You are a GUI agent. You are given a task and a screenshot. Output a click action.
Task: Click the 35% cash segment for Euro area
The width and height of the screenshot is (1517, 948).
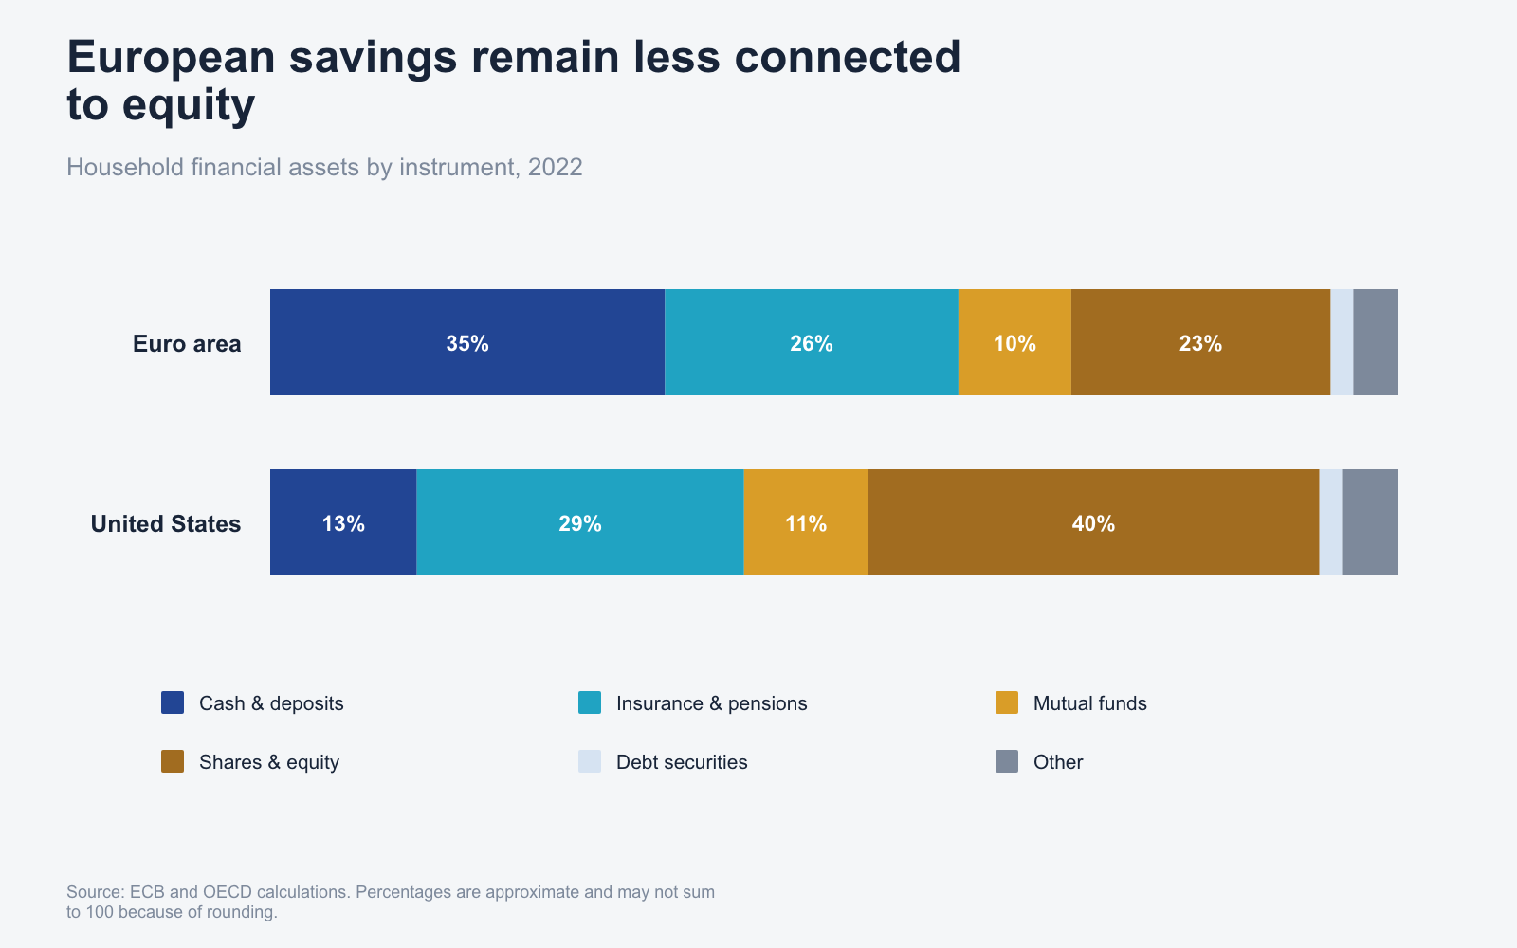click(x=467, y=342)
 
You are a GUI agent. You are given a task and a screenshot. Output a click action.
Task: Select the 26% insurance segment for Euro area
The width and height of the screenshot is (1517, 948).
click(x=812, y=342)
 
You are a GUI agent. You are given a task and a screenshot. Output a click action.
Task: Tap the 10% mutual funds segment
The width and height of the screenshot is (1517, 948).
click(x=1014, y=342)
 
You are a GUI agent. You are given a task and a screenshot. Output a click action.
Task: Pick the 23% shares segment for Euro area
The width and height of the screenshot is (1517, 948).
click(x=1200, y=342)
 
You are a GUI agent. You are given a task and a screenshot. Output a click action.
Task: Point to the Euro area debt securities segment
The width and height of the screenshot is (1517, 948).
click(x=1343, y=342)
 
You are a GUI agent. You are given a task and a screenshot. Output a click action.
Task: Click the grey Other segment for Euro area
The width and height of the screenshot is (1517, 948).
click(x=1376, y=342)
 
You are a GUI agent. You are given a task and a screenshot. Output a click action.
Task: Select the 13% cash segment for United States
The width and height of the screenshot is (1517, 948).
click(x=343, y=522)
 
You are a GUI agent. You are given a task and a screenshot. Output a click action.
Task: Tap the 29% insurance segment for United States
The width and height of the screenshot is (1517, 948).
click(x=579, y=522)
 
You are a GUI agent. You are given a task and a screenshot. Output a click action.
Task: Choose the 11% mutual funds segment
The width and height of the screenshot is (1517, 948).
click(x=806, y=522)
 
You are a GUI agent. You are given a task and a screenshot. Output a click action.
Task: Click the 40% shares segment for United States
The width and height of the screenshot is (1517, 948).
click(x=1094, y=522)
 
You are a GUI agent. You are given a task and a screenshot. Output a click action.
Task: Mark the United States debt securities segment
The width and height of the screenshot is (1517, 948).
click(x=1331, y=522)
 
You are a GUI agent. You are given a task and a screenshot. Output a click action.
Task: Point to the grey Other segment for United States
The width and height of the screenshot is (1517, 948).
click(x=1370, y=522)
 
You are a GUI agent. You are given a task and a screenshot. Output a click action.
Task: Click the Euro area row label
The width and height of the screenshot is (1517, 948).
click(x=187, y=344)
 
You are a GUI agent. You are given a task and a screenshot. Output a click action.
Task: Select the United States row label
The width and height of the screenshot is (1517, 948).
click(x=166, y=524)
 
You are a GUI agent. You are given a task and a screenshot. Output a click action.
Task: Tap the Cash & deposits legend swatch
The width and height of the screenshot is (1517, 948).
click(x=173, y=702)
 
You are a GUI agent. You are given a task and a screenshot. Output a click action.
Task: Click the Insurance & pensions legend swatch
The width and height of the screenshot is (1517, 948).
click(x=590, y=702)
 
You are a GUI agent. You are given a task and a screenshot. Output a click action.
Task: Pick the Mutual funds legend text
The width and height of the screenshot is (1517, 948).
click(x=1089, y=703)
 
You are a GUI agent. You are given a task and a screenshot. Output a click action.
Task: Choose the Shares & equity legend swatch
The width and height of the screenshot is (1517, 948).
click(x=173, y=762)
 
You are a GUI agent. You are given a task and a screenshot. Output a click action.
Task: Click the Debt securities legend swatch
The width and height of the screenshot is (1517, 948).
click(x=590, y=762)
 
